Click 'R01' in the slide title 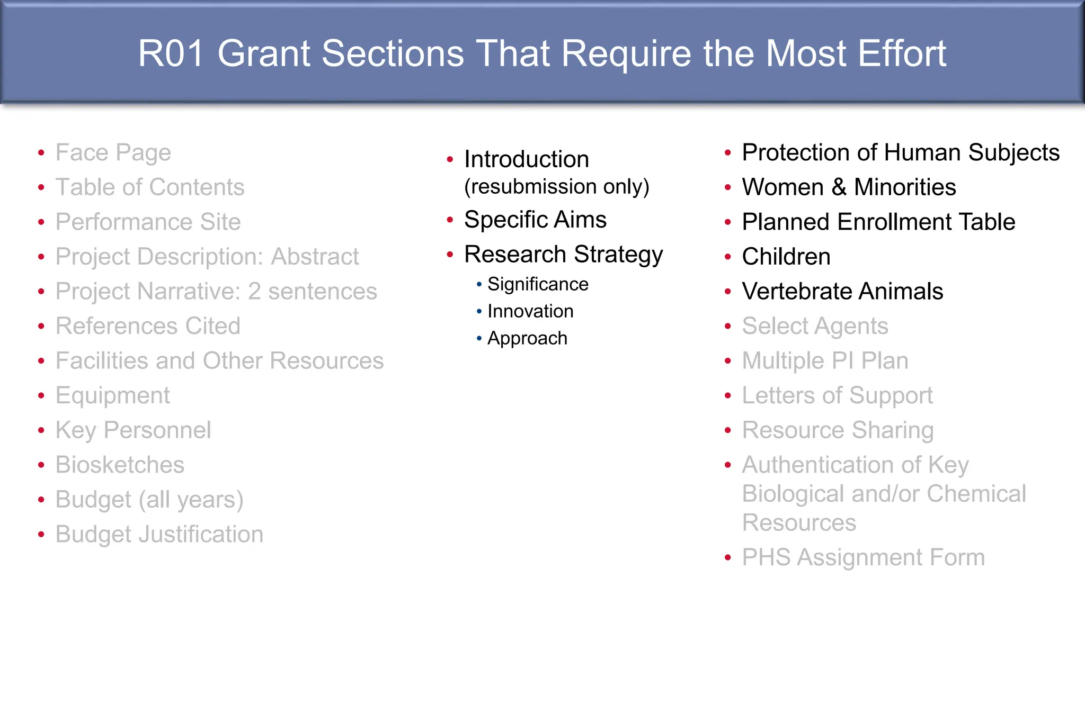pyautogui.click(x=171, y=54)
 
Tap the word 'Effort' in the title pyautogui.click(x=902, y=54)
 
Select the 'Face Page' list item pyautogui.click(x=113, y=153)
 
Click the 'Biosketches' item pyautogui.click(x=120, y=465)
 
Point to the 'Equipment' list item pyautogui.click(x=112, y=396)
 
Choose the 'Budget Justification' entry pyautogui.click(x=159, y=535)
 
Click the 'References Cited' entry pyautogui.click(x=148, y=326)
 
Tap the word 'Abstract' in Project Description pyautogui.click(x=315, y=257)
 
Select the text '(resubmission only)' pyautogui.click(x=556, y=187)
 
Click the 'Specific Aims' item pyautogui.click(x=535, y=220)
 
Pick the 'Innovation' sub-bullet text pyautogui.click(x=530, y=311)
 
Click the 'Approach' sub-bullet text pyautogui.click(x=527, y=338)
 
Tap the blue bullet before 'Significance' pyautogui.click(x=479, y=285)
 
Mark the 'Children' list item pyautogui.click(x=786, y=257)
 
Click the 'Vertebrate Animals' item pyautogui.click(x=842, y=292)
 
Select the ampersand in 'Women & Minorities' pyautogui.click(x=839, y=187)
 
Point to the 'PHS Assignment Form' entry pyautogui.click(x=863, y=558)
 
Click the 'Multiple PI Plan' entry pyautogui.click(x=825, y=361)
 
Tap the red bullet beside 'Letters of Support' pyautogui.click(x=728, y=396)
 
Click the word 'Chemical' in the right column pyautogui.click(x=976, y=494)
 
